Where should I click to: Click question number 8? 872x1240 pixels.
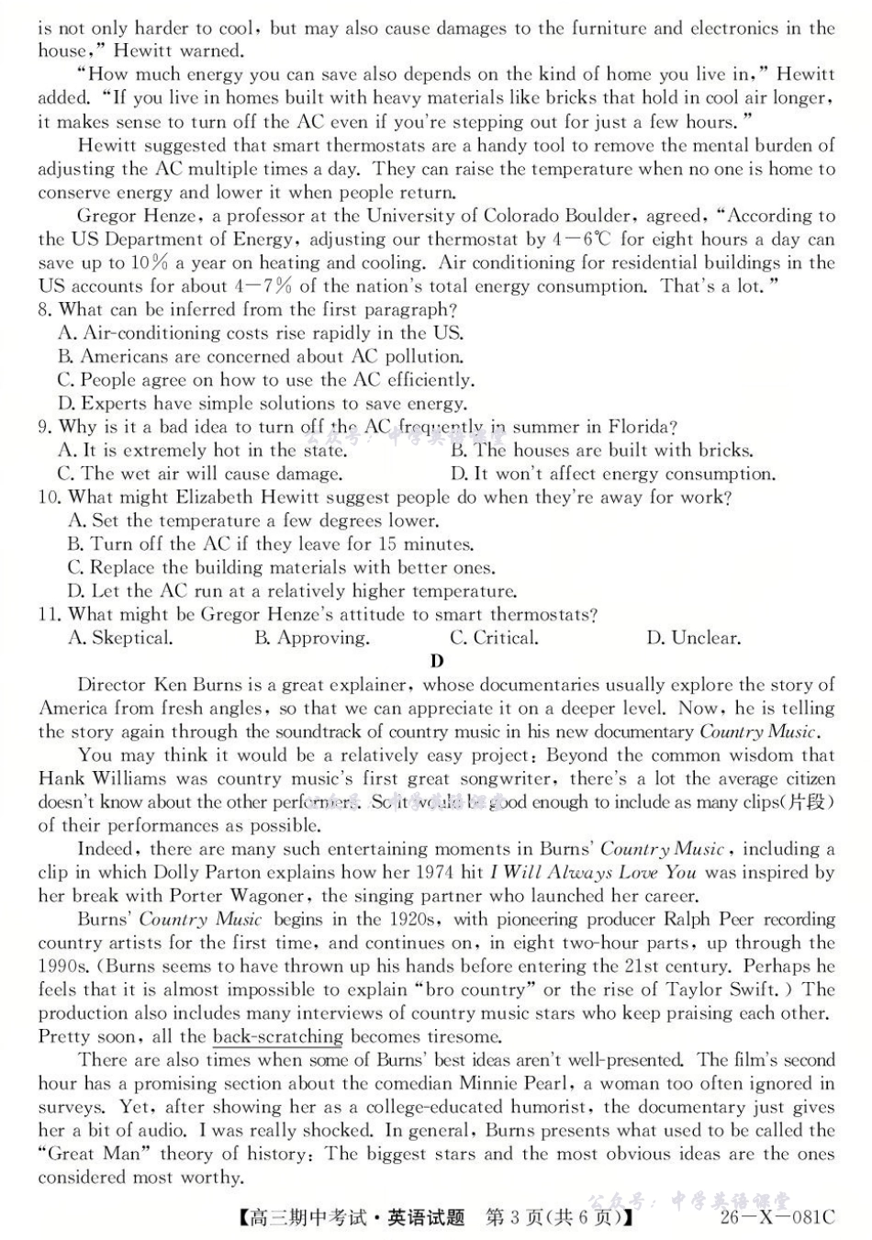[x=46, y=310]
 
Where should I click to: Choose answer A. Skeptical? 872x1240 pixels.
[x=120, y=638]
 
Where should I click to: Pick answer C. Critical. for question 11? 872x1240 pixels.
[x=494, y=638]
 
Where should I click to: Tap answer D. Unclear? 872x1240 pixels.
[x=693, y=638]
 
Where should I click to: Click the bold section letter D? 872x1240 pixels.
[x=437, y=661]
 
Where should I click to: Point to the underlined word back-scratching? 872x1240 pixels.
[x=277, y=1037]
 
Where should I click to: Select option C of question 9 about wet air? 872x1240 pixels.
[x=200, y=475]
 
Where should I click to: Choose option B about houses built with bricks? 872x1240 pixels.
[x=602, y=451]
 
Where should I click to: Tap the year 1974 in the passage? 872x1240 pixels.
[x=428, y=872]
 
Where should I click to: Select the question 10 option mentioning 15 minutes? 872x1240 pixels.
[x=271, y=544]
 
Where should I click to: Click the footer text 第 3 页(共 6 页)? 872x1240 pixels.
[x=557, y=1218]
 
